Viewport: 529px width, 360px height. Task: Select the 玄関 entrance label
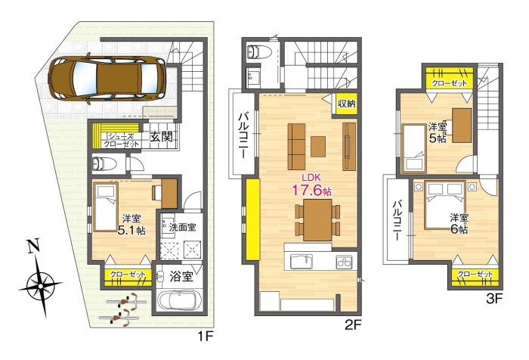click(x=160, y=138)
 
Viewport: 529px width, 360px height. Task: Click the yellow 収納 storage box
click(x=346, y=104)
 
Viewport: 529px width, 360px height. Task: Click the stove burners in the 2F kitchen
click(x=343, y=262)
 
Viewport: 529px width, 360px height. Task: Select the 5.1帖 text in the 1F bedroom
click(x=130, y=230)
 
